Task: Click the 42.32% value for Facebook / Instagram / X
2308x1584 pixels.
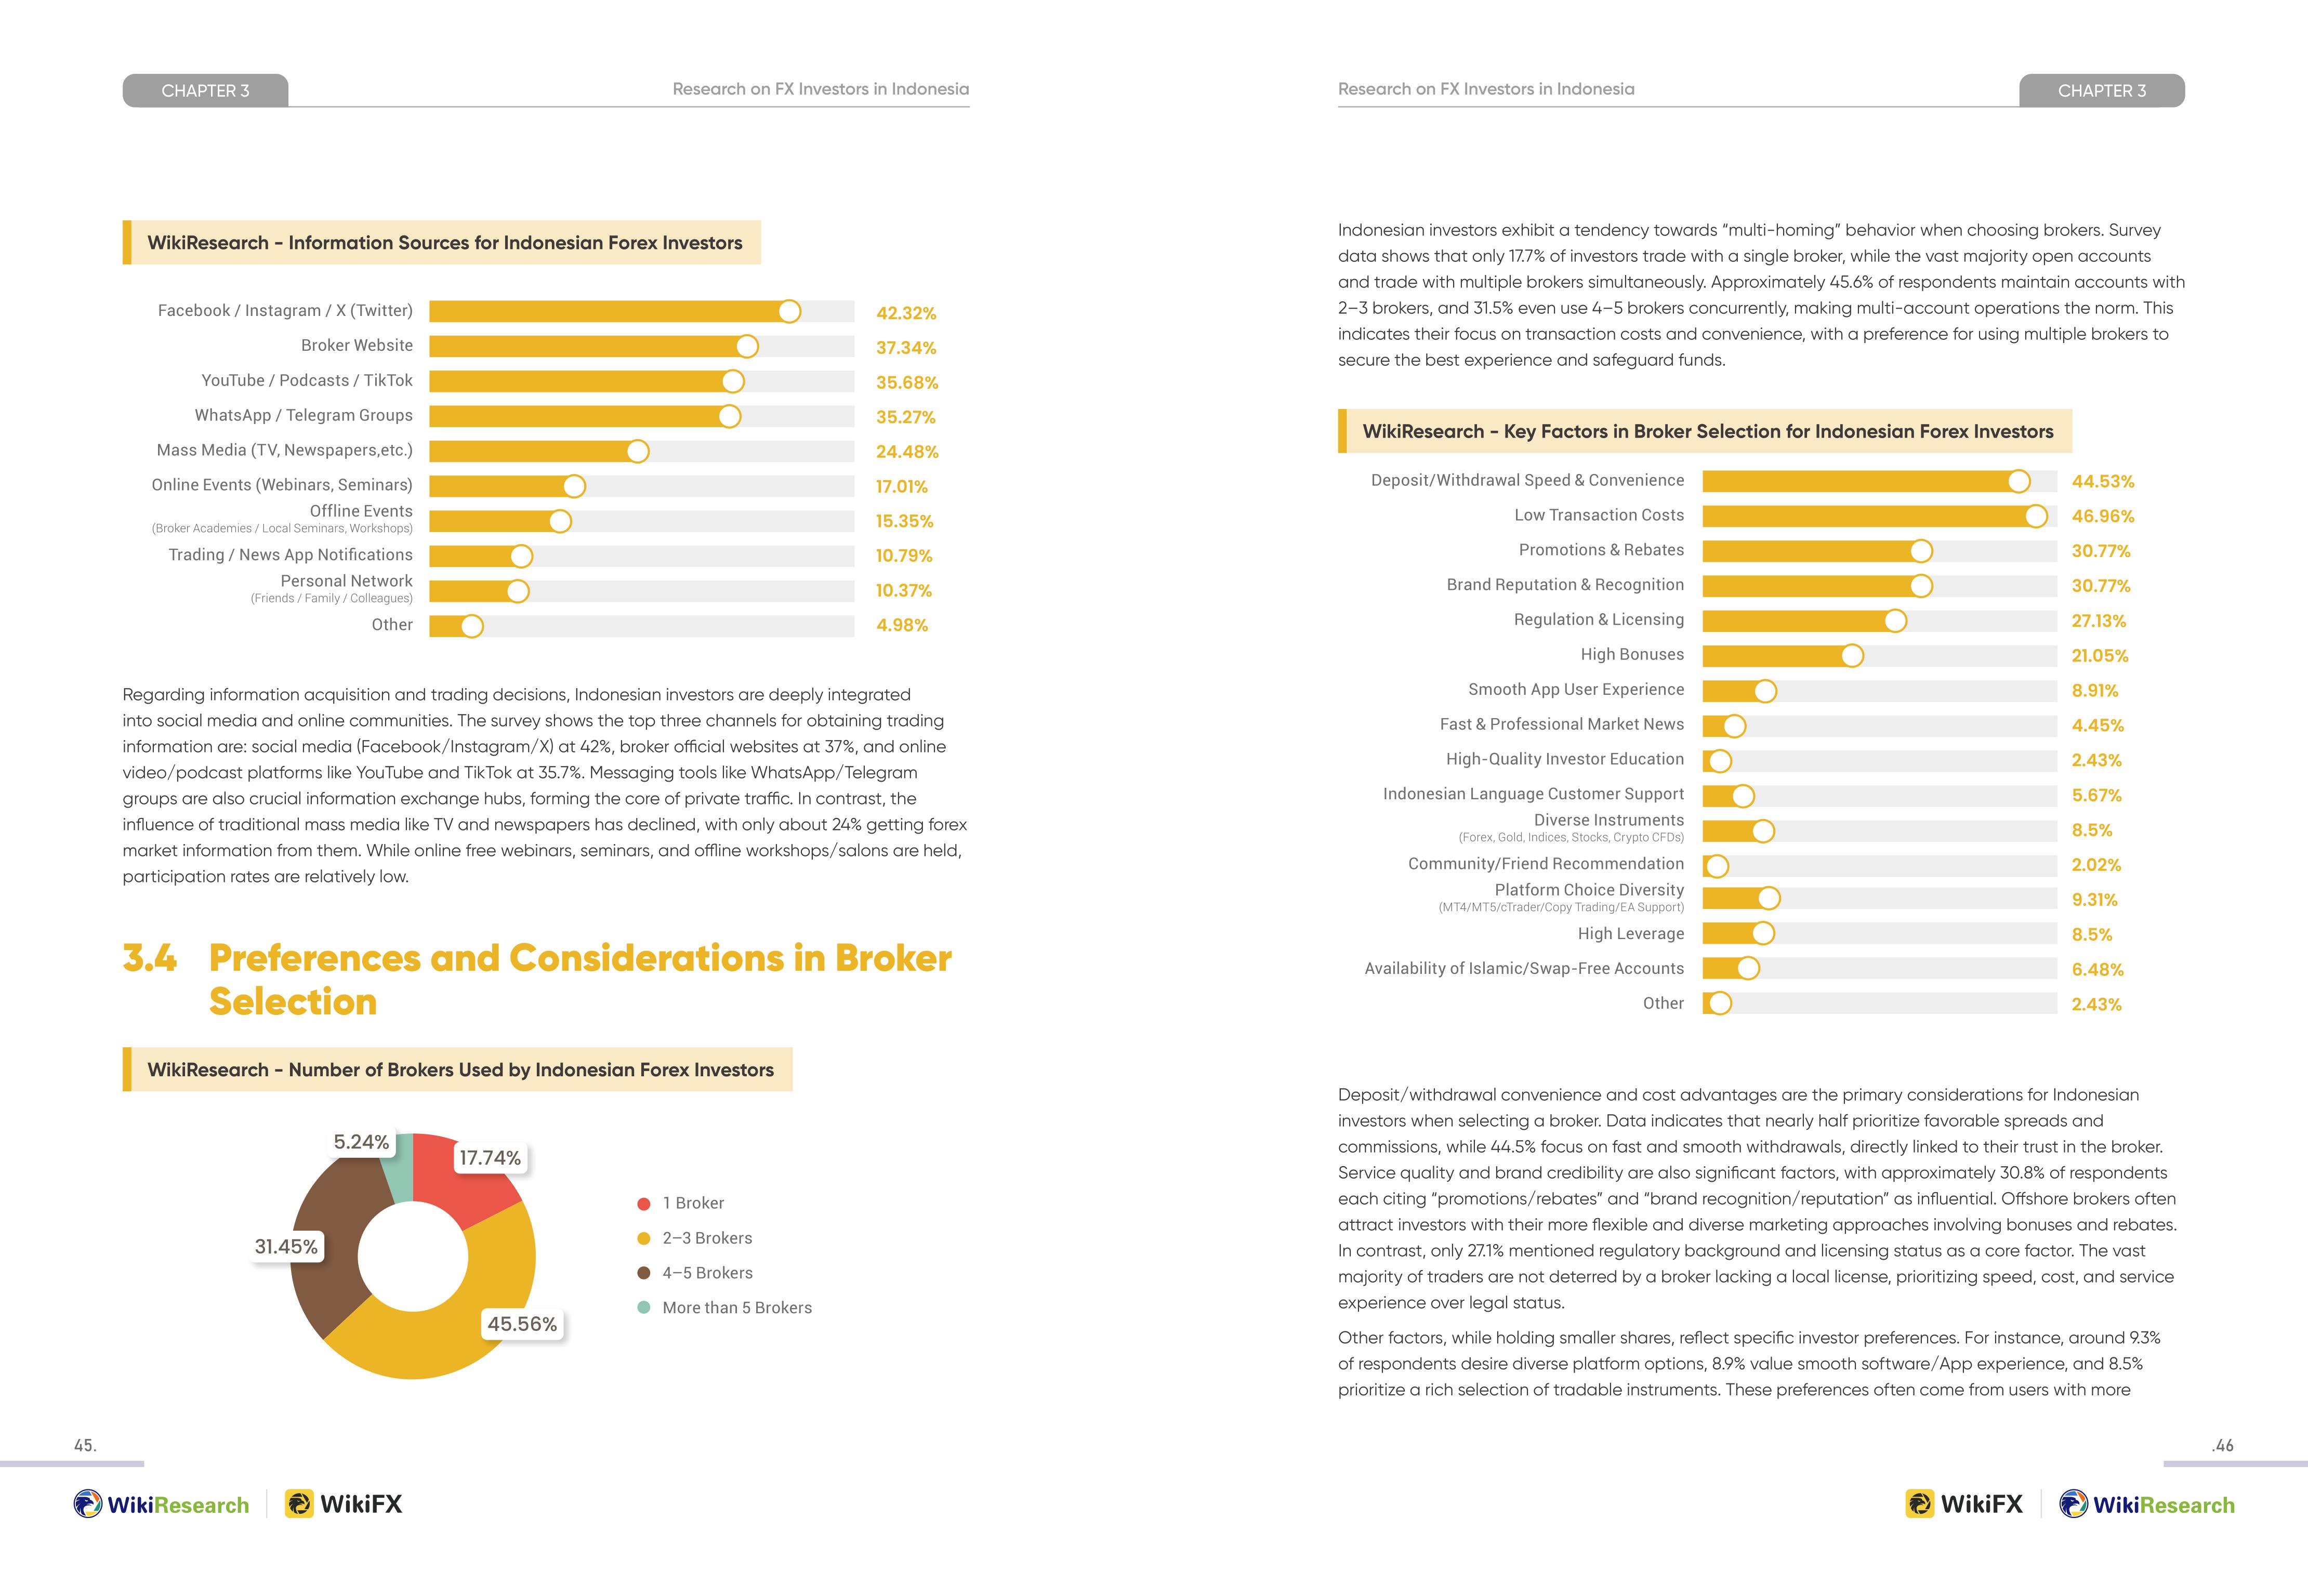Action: pyautogui.click(x=906, y=313)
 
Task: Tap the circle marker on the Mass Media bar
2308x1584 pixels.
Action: pyautogui.click(x=638, y=452)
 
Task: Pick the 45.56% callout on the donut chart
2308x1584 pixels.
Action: pyautogui.click(x=522, y=1324)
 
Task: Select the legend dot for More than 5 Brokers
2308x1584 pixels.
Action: pyautogui.click(x=643, y=1308)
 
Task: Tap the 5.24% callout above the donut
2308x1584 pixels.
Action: pyautogui.click(x=362, y=1142)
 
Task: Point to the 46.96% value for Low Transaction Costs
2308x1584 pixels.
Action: pyautogui.click(x=2102, y=517)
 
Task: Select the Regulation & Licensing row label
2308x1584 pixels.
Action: pyautogui.click(x=1599, y=619)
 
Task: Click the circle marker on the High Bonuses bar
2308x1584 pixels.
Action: pyautogui.click(x=1852, y=655)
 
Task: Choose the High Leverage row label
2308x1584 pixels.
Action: pyautogui.click(x=1631, y=933)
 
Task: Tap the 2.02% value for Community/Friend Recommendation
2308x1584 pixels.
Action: pyautogui.click(x=2095, y=865)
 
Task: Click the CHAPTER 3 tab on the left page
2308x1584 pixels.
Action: pyautogui.click(x=206, y=90)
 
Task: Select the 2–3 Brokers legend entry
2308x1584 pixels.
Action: pyautogui.click(x=695, y=1238)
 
